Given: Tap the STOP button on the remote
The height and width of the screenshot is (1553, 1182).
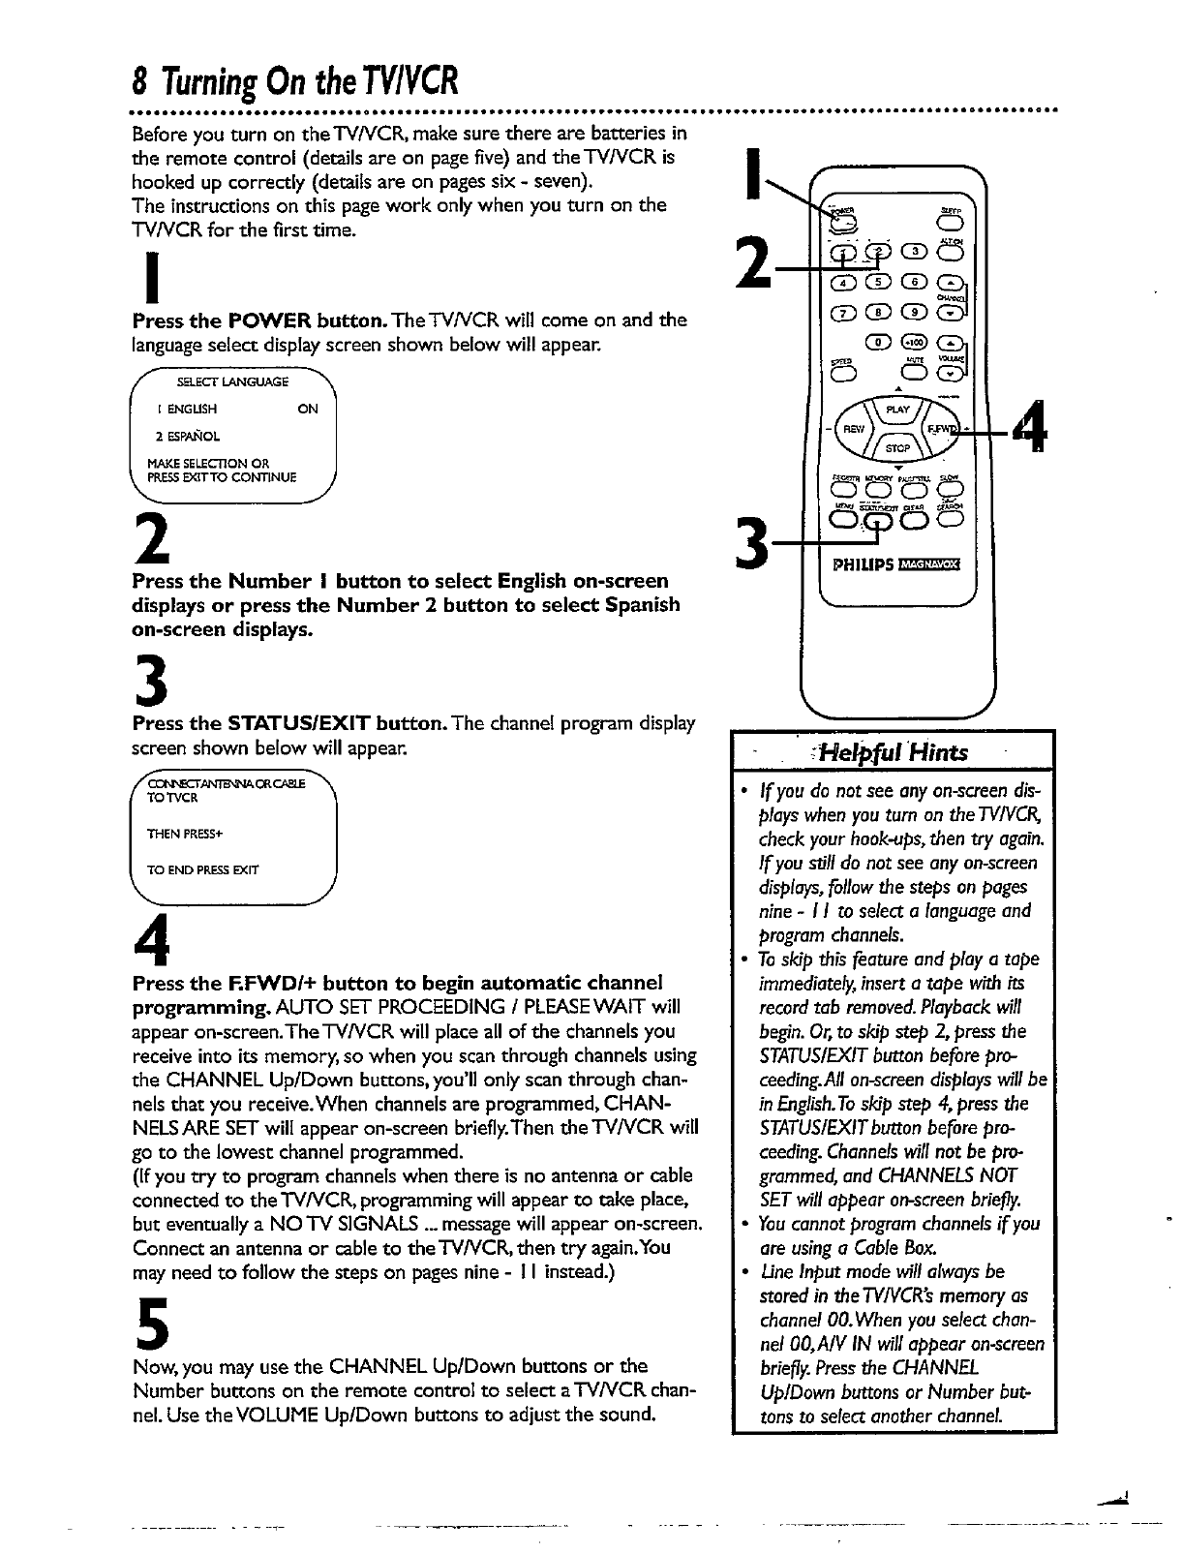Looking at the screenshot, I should pos(898,447).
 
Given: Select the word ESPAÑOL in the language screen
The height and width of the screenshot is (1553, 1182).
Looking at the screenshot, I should pos(174,437).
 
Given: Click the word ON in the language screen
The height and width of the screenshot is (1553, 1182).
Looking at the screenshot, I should pos(308,410).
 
